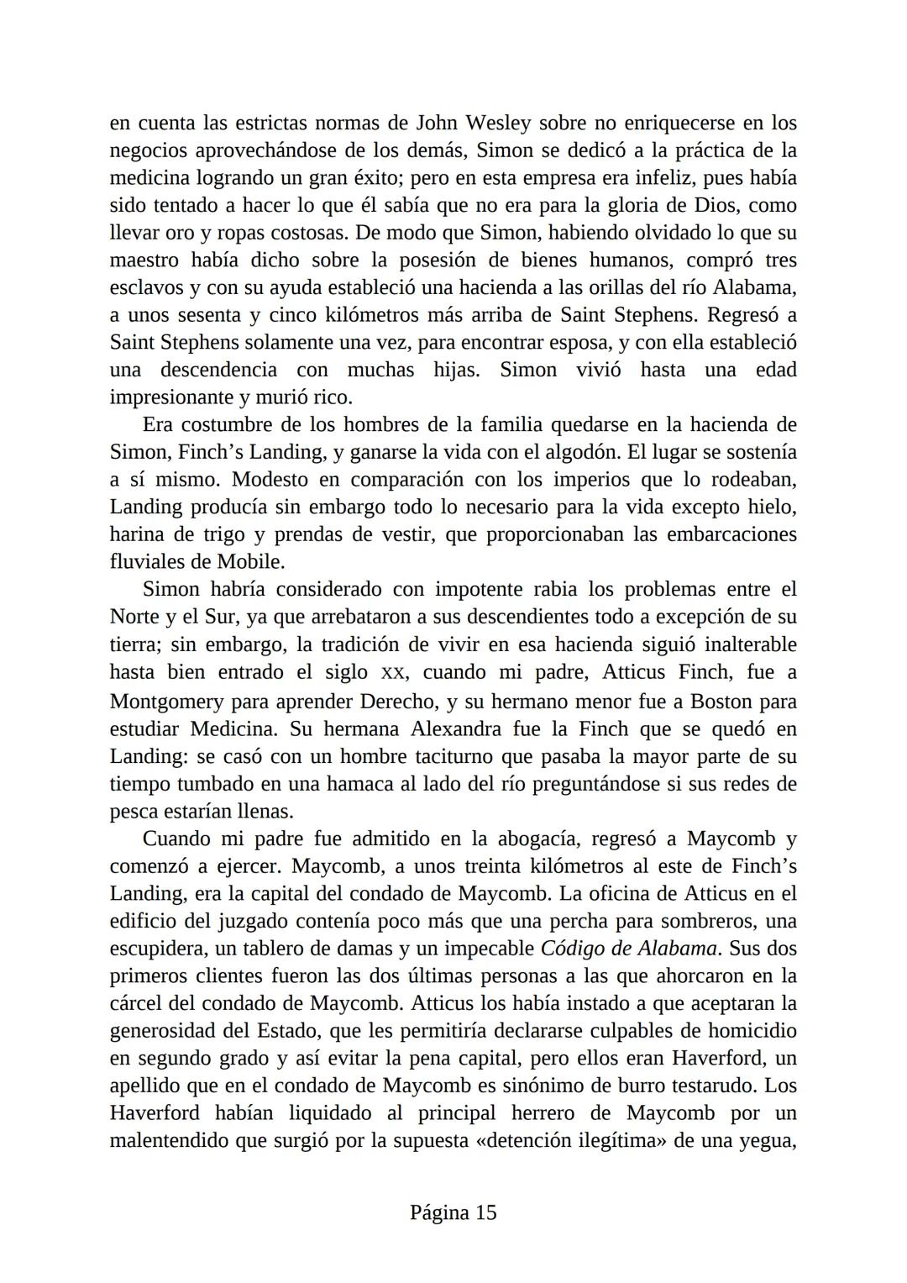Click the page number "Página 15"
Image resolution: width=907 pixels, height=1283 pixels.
[453, 1212]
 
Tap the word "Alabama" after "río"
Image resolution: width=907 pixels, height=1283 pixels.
[753, 287]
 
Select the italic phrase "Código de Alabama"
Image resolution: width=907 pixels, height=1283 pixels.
[629, 949]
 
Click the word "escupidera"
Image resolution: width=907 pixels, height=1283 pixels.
[155, 949]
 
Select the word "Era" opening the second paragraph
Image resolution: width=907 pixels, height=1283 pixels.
[158, 425]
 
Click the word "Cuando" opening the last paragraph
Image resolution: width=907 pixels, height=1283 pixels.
[176, 839]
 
